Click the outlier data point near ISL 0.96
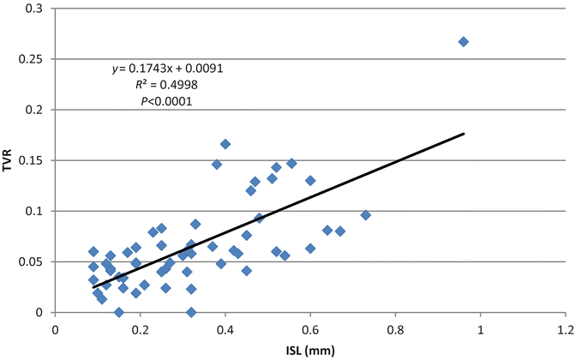464,41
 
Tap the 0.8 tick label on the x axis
395,327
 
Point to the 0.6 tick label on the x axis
310,327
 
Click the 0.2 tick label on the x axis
141,327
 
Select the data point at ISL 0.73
366,215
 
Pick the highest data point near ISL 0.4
225,144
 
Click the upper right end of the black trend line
464,134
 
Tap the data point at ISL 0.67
340,231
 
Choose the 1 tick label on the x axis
480,327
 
